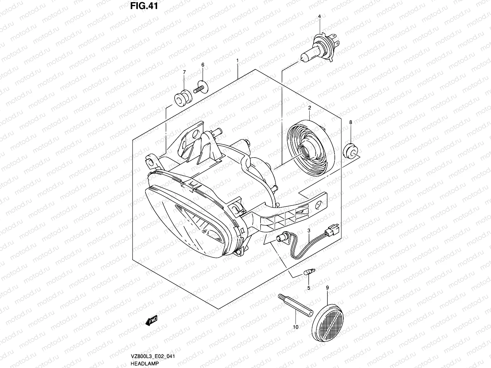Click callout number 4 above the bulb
click(x=319, y=16)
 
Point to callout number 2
click(x=310, y=108)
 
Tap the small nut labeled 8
click(x=351, y=150)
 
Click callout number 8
click(x=351, y=122)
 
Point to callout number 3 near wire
click(x=309, y=230)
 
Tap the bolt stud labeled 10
click(x=296, y=305)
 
